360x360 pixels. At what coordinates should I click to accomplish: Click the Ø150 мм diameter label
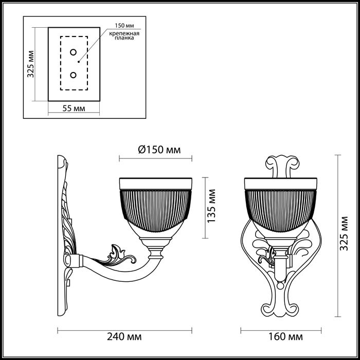(x=159, y=150)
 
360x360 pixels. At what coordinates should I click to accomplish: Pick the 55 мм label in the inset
(x=74, y=109)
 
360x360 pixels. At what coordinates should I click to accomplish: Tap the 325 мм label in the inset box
(x=31, y=64)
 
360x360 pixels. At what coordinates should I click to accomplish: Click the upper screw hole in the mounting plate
(x=74, y=52)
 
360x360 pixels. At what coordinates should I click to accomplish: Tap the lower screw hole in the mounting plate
(x=74, y=75)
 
